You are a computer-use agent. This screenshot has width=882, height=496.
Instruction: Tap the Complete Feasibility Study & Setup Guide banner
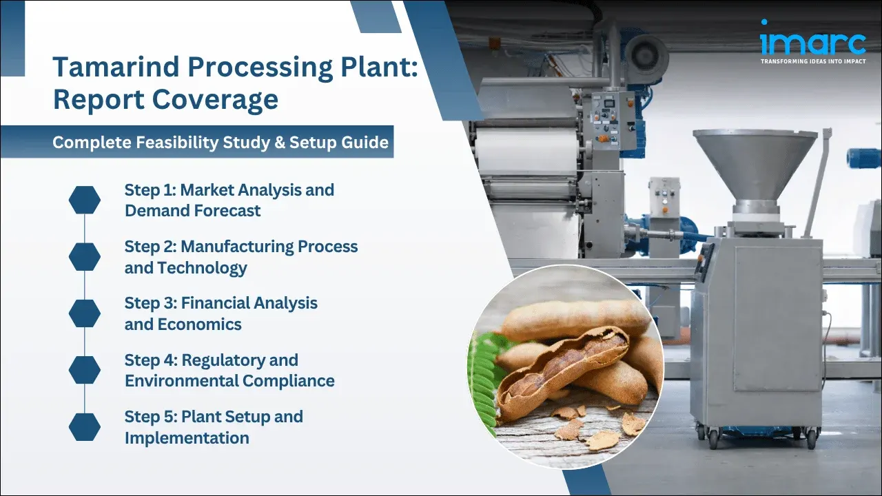pos(220,143)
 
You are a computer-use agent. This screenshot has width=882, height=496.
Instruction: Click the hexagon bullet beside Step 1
pos(85,200)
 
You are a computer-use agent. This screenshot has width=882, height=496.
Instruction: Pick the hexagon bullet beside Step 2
pos(85,256)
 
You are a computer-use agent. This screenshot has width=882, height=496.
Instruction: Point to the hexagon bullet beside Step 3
pos(85,313)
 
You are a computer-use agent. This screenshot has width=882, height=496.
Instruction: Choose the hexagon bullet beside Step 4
pos(85,370)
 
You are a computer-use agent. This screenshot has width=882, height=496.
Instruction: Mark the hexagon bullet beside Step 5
pos(85,426)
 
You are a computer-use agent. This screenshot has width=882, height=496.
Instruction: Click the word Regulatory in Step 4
pos(240,360)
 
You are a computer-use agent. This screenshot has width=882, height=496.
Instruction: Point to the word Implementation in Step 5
pos(187,437)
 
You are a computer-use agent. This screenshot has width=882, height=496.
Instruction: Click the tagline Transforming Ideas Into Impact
pos(812,61)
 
